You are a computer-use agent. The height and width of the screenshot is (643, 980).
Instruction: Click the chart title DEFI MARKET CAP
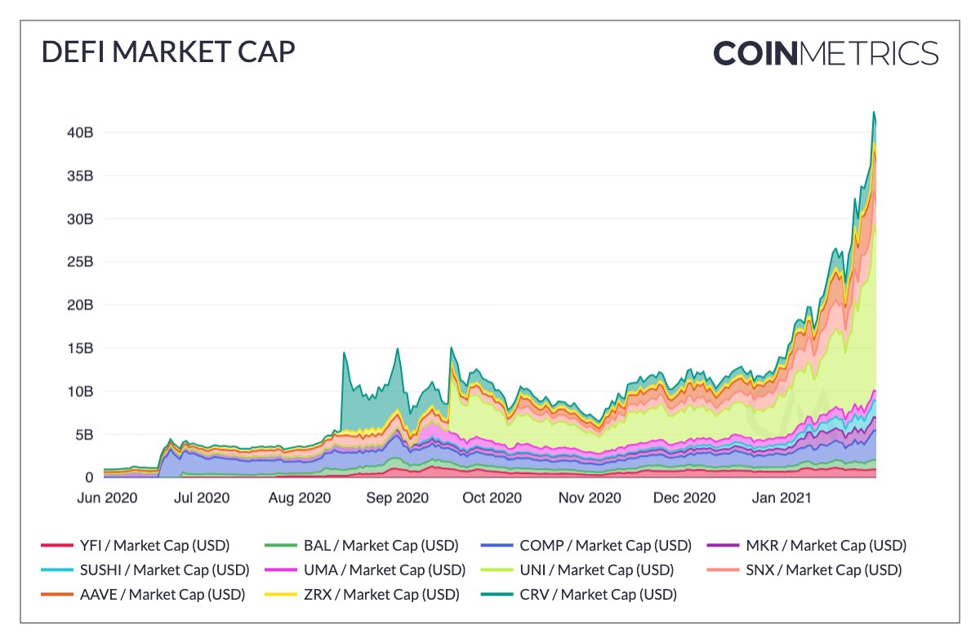(x=168, y=52)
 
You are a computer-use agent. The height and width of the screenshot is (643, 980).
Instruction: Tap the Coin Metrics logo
(x=826, y=53)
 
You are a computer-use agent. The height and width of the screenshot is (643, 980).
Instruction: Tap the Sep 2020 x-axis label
(x=397, y=498)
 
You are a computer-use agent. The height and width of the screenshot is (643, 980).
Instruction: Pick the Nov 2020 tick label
(x=588, y=498)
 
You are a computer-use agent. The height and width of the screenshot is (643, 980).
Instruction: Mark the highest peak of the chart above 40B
(x=874, y=112)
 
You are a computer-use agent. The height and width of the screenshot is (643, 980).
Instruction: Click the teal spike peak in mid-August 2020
(x=344, y=353)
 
